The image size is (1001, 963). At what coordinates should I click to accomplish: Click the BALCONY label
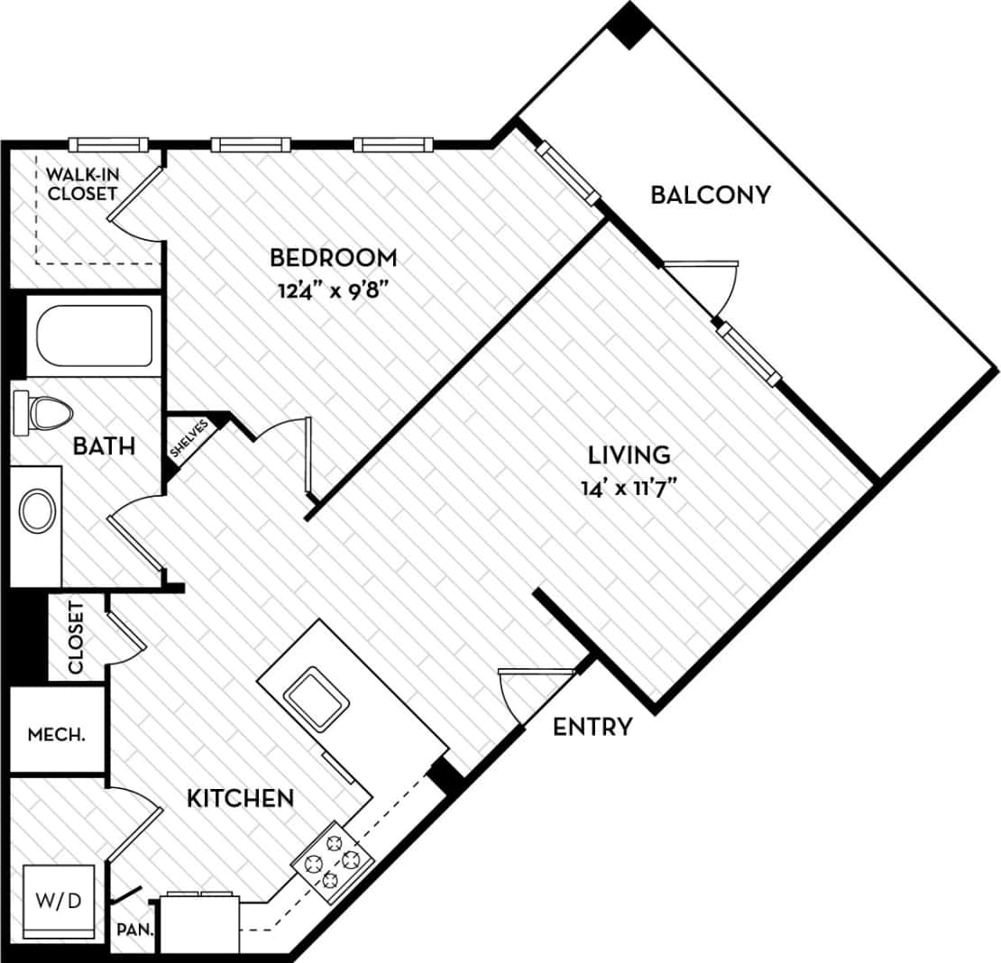coord(711,194)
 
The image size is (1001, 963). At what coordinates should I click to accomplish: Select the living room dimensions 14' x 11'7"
coord(629,488)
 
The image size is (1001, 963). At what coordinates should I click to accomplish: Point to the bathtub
coord(94,335)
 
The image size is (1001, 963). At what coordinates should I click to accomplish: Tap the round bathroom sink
coord(37,510)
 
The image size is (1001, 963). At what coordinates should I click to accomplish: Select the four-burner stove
coord(333,861)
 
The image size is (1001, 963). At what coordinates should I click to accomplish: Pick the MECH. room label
coord(57,734)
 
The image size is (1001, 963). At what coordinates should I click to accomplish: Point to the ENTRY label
coord(592,727)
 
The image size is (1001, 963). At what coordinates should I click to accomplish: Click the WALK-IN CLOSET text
coord(82,183)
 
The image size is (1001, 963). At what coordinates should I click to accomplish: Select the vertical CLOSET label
coord(76,638)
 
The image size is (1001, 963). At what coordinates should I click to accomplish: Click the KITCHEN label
coord(240,797)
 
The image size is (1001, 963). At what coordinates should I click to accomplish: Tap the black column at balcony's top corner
coord(629,24)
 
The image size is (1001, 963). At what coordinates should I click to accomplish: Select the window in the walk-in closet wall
coord(108,144)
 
